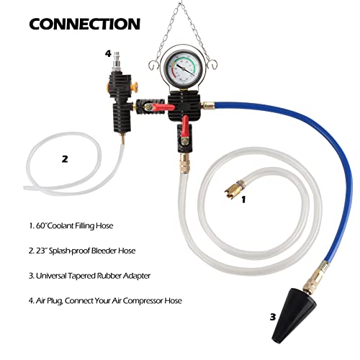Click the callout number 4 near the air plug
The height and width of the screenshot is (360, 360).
click(x=108, y=53)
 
